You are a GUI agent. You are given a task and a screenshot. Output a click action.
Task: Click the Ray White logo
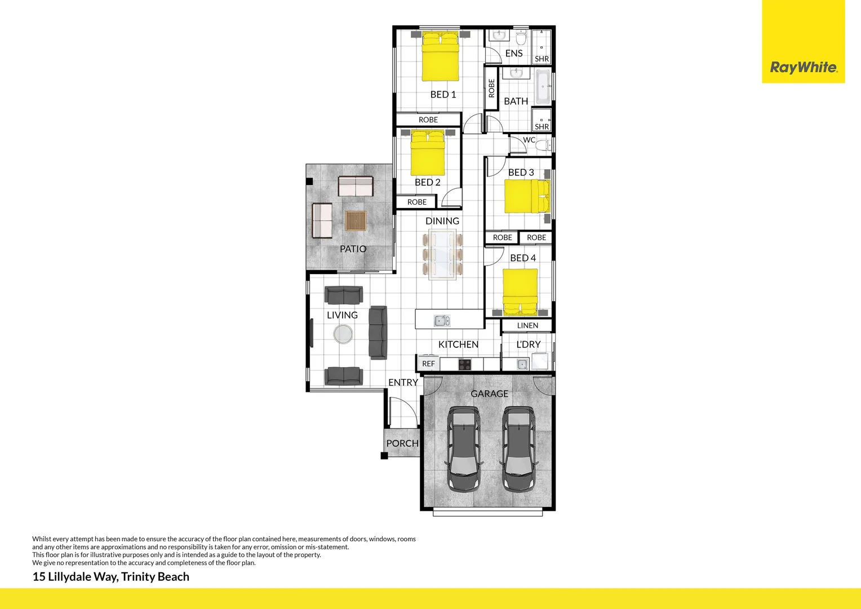point(803,67)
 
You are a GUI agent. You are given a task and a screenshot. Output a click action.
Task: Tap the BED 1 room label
point(443,94)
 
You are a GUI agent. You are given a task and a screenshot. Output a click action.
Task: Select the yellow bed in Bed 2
point(428,153)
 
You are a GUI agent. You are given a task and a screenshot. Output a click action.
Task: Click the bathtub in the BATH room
point(543,87)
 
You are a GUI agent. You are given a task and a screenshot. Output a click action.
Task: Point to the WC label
point(529,140)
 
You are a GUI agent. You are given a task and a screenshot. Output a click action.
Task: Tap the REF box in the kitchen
point(428,364)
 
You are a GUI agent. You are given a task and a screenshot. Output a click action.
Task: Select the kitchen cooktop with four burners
point(464,364)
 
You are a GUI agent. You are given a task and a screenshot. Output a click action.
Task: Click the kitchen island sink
point(442,321)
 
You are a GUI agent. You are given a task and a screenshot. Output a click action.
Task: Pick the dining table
point(442,254)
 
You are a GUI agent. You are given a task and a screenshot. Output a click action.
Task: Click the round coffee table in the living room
point(343,334)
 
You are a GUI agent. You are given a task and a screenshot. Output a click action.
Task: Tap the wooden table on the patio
point(356,220)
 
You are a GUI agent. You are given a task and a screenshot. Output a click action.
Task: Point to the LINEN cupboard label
point(527,325)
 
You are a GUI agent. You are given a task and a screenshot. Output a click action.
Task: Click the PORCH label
point(402,443)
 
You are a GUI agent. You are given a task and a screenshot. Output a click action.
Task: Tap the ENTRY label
point(403,382)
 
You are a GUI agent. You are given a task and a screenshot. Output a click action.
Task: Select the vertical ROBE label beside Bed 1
point(491,88)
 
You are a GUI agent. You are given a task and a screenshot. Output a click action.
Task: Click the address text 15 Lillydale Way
point(111,576)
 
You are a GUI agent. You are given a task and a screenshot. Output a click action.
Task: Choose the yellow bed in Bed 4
point(520,291)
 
